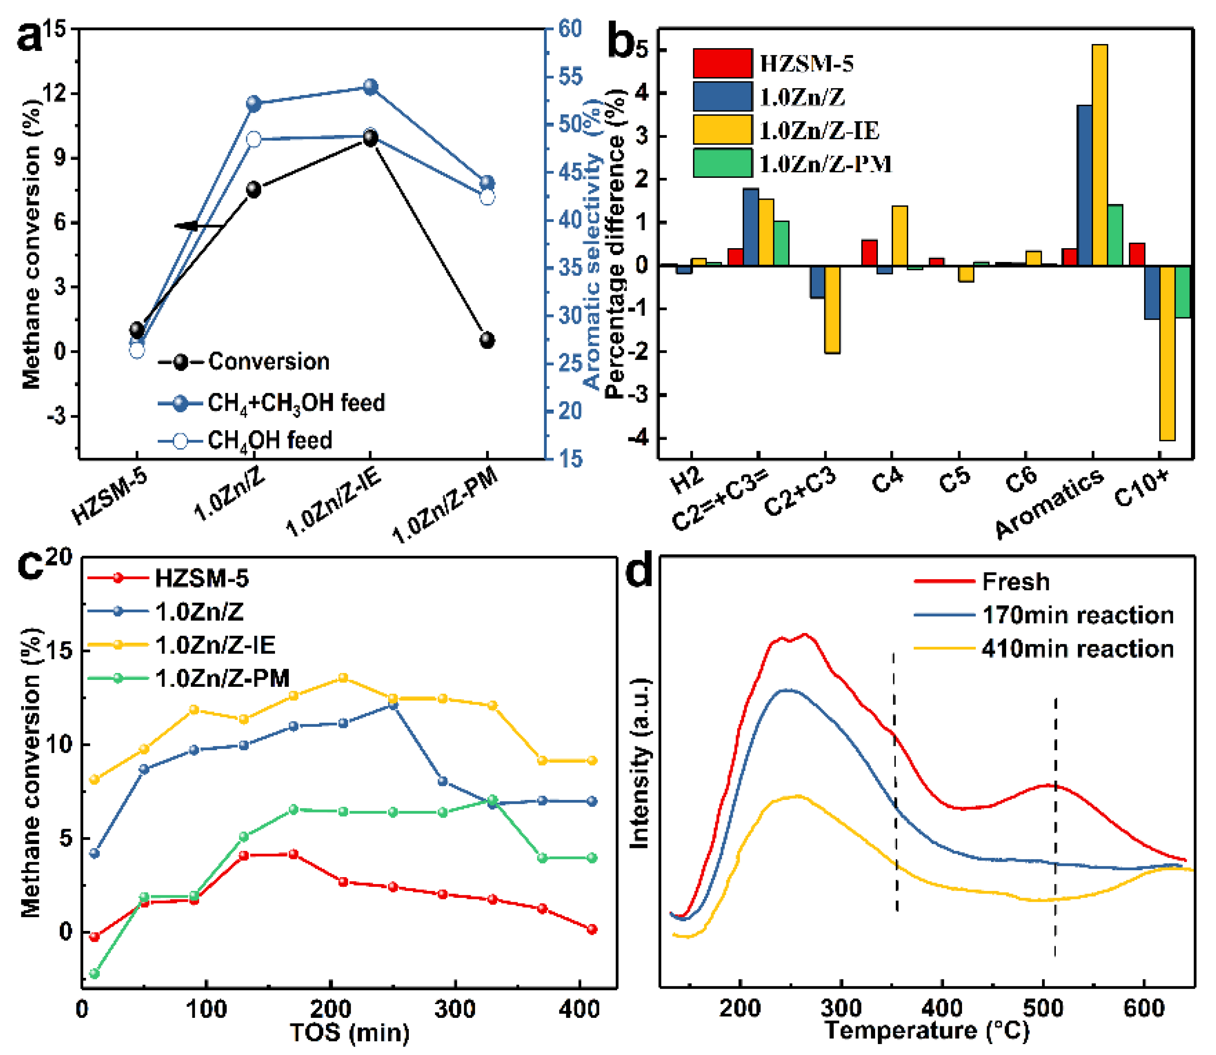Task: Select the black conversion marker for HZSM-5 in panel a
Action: [x=137, y=330]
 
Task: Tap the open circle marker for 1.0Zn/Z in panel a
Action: [x=254, y=139]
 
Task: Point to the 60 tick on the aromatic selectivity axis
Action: [x=569, y=28]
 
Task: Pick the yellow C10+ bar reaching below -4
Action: [x=1167, y=353]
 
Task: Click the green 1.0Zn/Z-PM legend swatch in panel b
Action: [x=722, y=163]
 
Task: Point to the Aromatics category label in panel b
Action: [x=1049, y=503]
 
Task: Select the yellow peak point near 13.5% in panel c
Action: [x=343, y=677]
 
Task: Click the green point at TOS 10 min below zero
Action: [x=94, y=973]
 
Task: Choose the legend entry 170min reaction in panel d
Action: [x=1078, y=615]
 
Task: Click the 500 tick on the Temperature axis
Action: [x=1043, y=1008]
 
